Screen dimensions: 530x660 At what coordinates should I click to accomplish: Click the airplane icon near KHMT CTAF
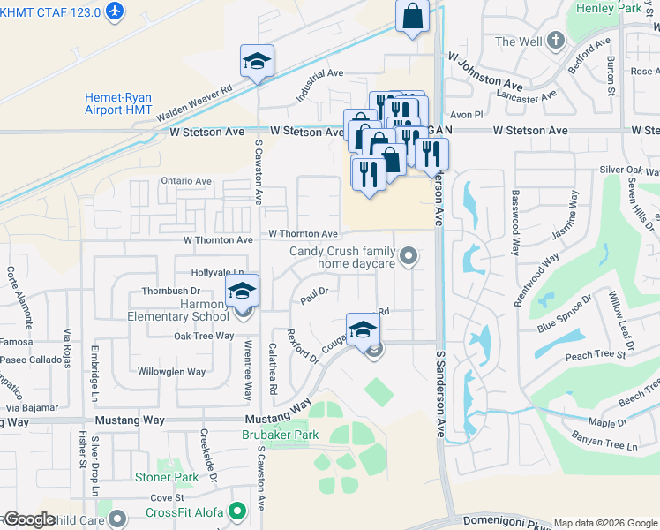(114, 11)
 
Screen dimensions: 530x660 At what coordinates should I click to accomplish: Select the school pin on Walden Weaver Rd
(257, 61)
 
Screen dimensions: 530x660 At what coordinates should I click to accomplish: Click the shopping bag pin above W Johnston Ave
(412, 15)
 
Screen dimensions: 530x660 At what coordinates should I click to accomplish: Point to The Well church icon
(556, 40)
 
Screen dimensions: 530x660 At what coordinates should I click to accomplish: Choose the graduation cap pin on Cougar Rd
(362, 329)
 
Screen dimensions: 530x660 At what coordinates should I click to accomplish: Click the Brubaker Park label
(281, 435)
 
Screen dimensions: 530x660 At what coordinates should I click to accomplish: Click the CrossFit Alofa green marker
(236, 511)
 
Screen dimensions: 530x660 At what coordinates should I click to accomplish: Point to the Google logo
(29, 519)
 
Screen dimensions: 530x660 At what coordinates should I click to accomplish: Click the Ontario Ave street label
(186, 181)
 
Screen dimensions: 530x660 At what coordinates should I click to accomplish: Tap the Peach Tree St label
(595, 355)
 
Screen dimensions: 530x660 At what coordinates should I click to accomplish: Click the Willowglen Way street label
(172, 372)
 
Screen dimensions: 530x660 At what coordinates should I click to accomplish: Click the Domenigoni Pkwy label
(503, 522)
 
